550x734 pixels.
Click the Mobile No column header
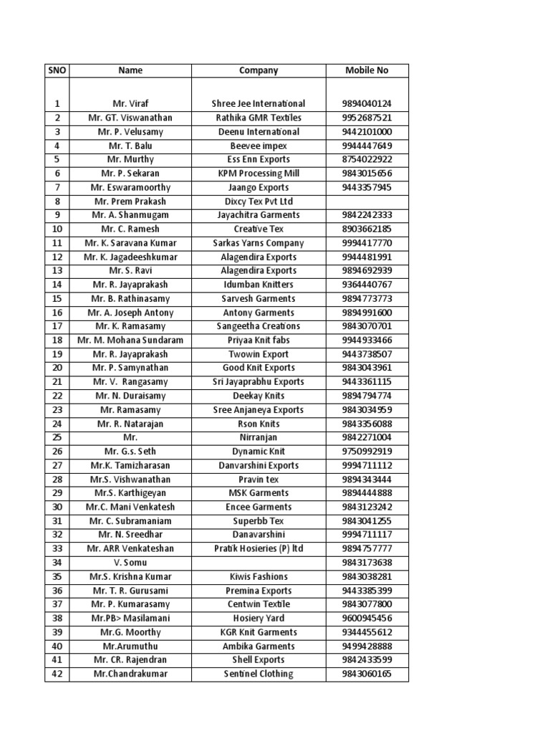[x=367, y=70]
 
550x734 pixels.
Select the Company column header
[x=259, y=70]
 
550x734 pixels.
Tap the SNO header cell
[x=57, y=70]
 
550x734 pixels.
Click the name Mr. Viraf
[x=130, y=104]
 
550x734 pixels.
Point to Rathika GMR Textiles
[x=259, y=118]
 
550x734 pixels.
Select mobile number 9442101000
[x=367, y=132]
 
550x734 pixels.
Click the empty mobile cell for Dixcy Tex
[x=367, y=201]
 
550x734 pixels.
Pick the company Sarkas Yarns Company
[x=259, y=243]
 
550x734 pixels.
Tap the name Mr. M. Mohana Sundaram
[x=130, y=340]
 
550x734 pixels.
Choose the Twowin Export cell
[x=259, y=354]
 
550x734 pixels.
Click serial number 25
[x=57, y=437]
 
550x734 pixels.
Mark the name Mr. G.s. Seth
[x=130, y=452]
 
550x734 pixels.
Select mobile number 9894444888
[x=367, y=493]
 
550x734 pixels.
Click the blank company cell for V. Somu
[x=259, y=563]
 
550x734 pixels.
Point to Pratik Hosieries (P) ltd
[x=259, y=548]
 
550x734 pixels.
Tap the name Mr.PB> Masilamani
[x=130, y=618]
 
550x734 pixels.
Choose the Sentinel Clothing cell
[x=259, y=674]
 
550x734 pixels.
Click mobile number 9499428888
[x=367, y=646]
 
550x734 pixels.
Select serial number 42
[x=57, y=674]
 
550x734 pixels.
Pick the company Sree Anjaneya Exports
[x=259, y=410]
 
